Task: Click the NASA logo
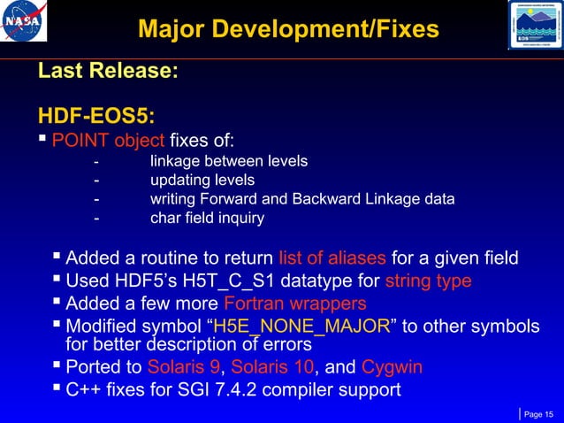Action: click(x=25, y=24)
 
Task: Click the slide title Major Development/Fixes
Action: click(x=288, y=29)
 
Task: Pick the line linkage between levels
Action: click(x=229, y=161)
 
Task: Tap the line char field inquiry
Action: click(x=207, y=218)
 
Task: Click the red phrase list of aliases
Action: click(x=332, y=258)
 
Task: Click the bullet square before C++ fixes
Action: click(x=57, y=388)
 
